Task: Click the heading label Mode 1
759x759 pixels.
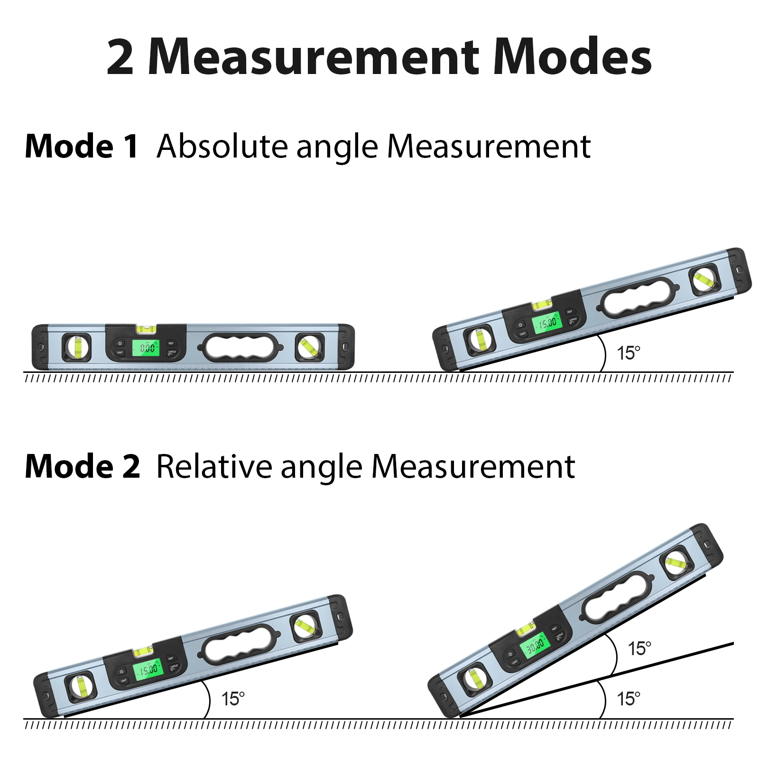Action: point(81,146)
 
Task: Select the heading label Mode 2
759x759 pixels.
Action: point(82,466)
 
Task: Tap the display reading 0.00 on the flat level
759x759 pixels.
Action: point(148,348)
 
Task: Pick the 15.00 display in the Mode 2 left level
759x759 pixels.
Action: point(148,669)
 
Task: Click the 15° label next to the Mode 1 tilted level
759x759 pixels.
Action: point(629,353)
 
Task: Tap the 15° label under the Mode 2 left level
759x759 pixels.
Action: point(233,699)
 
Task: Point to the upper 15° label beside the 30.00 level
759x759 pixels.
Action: point(639,648)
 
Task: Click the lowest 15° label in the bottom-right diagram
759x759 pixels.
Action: point(629,699)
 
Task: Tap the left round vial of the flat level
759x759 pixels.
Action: point(77,347)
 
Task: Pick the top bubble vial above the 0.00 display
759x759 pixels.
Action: point(146,328)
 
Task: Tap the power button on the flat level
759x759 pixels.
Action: point(120,343)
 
